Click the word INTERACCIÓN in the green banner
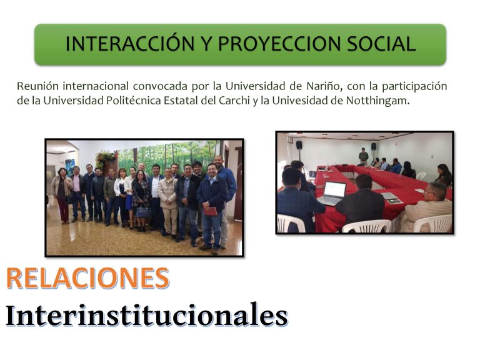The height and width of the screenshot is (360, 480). coord(130,44)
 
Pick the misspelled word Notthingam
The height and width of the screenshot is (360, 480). coord(378,101)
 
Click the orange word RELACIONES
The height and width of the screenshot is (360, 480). coord(87,278)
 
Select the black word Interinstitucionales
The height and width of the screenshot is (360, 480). coord(147,315)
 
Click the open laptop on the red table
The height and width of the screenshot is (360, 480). coord(332,194)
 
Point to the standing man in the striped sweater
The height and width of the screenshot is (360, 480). coord(363,156)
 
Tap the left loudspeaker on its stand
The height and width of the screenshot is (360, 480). coord(299,145)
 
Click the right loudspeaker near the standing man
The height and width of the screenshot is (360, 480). coord(374,146)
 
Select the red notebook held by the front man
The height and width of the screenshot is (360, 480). coord(211,211)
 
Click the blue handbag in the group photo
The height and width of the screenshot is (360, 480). coord(143,212)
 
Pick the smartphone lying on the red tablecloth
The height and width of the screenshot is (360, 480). coord(395,201)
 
